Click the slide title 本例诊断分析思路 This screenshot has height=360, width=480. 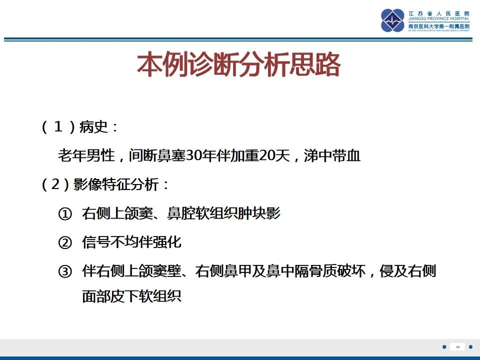point(239,65)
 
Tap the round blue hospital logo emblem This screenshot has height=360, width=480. point(393,20)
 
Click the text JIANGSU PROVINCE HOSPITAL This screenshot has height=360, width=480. point(439,18)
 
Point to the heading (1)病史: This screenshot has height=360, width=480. point(80,127)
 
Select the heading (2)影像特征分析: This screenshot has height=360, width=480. point(105,185)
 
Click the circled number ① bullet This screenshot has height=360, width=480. point(65,214)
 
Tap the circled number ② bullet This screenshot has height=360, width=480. point(65,243)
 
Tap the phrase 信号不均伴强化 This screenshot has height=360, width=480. point(131,243)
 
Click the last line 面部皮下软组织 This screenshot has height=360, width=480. point(131,297)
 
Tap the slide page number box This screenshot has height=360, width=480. point(457,347)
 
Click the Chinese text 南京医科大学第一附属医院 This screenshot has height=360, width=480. point(439,26)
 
